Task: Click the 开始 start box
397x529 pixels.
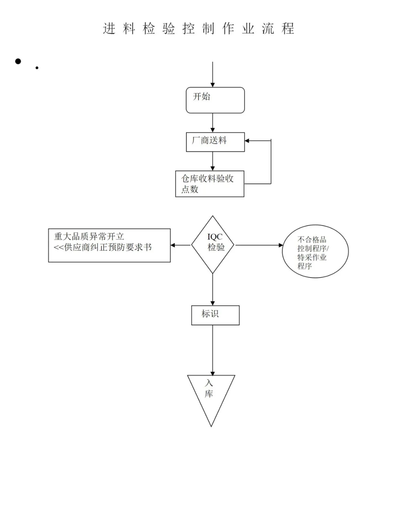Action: coord(215,100)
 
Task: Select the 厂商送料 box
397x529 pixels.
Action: coord(215,142)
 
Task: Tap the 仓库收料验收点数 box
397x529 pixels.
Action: coord(210,184)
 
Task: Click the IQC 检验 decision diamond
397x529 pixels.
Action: coord(213,245)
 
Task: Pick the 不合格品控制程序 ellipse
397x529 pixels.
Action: coord(315,251)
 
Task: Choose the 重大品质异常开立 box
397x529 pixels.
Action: coord(109,245)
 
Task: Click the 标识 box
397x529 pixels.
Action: coord(215,315)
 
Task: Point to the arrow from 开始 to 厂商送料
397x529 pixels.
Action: coord(212,123)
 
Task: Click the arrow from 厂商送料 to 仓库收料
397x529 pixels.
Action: coord(212,161)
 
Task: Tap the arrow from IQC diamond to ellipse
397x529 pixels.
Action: coord(259,245)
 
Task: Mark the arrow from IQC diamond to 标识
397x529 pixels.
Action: coord(212,290)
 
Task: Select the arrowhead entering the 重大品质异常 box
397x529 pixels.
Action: coord(173,245)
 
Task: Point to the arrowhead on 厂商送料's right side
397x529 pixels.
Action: coord(247,141)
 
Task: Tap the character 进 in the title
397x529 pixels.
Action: coord(109,29)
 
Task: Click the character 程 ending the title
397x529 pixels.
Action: coord(288,29)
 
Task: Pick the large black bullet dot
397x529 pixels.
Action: coord(18,61)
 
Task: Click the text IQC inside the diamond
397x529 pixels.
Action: coord(215,237)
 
